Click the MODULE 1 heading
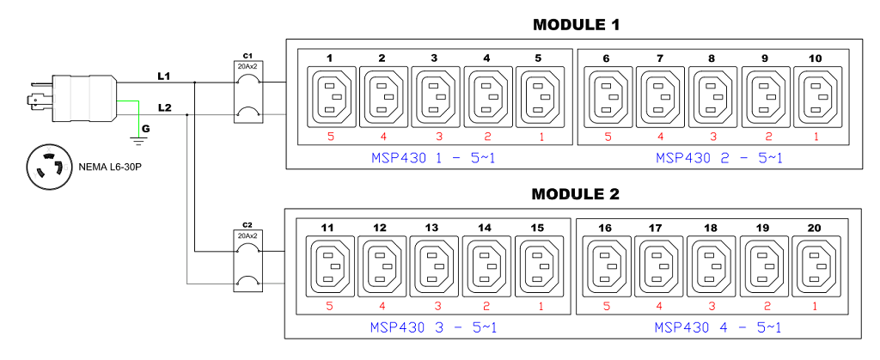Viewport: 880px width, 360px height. pyautogui.click(x=576, y=25)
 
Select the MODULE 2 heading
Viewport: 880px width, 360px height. pyautogui.click(x=576, y=195)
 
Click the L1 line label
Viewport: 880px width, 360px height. pyautogui.click(x=163, y=76)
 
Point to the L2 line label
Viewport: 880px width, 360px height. pyautogui.click(x=163, y=107)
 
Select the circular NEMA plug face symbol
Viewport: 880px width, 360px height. pyautogui.click(x=47, y=165)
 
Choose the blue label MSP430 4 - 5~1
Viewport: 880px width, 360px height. pyautogui.click(x=718, y=327)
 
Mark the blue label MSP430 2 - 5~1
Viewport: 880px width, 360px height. pyautogui.click(x=718, y=158)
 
